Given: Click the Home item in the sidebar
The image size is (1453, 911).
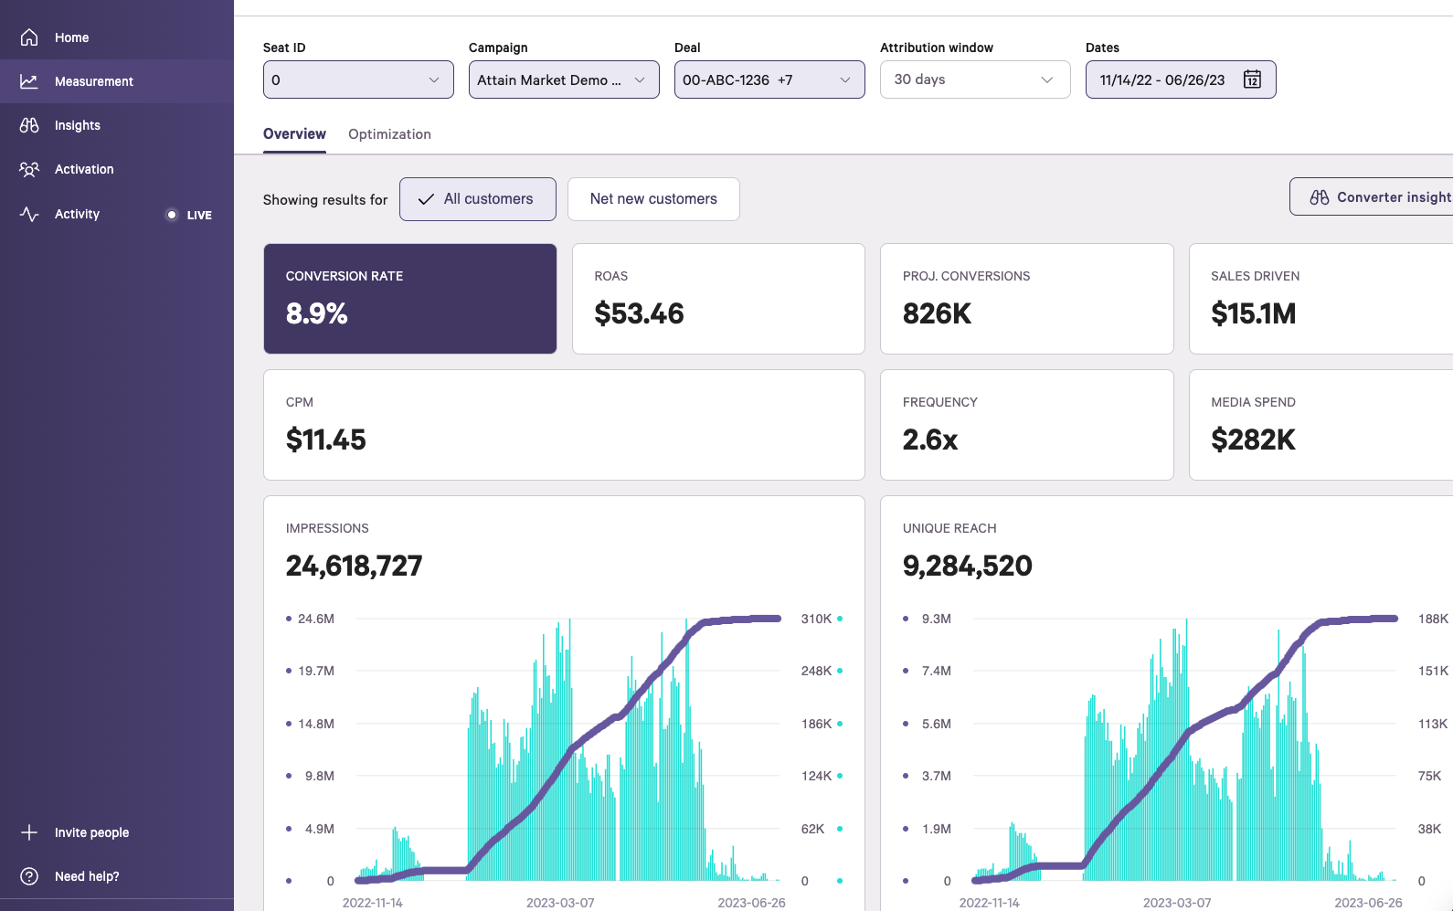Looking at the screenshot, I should point(71,37).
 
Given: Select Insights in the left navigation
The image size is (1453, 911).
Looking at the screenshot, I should point(77,125).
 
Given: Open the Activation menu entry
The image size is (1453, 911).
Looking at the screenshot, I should point(84,169).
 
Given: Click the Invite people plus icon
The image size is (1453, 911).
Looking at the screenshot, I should point(29,832).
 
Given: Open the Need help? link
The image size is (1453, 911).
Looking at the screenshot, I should point(86,876).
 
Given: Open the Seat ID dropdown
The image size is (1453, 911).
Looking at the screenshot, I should point(357,79).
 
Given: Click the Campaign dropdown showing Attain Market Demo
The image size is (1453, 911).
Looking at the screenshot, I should point(563,79).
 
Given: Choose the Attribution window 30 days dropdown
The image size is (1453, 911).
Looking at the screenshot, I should point(974,79).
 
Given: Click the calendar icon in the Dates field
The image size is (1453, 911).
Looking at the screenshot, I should point(1252,79).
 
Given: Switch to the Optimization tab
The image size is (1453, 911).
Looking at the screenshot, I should point(389,134).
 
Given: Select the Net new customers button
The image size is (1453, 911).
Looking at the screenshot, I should point(653,199).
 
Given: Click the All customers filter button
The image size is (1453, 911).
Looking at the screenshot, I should point(477,199).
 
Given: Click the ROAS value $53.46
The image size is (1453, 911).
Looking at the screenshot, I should point(639,313).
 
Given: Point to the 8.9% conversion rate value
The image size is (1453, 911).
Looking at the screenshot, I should point(316,313).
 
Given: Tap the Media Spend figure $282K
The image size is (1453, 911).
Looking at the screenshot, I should point(1253,440).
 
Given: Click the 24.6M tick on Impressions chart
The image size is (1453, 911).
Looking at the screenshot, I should point(315,619).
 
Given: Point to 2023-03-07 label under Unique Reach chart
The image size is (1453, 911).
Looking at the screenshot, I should point(1177,903).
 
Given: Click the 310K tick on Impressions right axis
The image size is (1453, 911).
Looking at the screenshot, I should point(816,619).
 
